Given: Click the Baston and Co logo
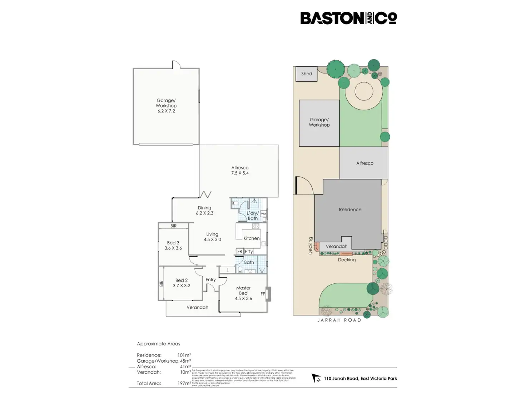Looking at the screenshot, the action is [348, 18].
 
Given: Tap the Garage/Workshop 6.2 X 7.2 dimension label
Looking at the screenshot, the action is [166, 106].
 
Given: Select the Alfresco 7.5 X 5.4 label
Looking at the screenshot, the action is [240, 170].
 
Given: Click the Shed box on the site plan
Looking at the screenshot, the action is [307, 74].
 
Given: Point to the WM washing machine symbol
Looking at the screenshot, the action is [263, 214].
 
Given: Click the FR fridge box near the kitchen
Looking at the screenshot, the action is [240, 252].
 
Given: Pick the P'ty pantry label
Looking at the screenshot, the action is [249, 252].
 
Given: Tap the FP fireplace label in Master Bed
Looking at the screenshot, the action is [263, 294].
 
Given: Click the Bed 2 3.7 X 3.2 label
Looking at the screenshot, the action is [182, 283].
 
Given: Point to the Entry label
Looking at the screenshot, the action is [210, 280].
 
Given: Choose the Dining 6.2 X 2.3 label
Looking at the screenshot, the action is [204, 210].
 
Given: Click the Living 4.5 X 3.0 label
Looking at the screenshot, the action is [212, 237].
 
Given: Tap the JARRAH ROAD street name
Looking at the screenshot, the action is [339, 320].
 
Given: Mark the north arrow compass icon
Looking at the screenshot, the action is [316, 378].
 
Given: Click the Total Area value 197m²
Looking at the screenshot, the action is [184, 383].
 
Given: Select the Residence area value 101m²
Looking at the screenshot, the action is [184, 355].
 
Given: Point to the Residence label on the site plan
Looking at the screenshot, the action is [350, 209].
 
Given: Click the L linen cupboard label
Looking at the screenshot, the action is [228, 270].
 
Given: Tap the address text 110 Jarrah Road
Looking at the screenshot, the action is [360, 378].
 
